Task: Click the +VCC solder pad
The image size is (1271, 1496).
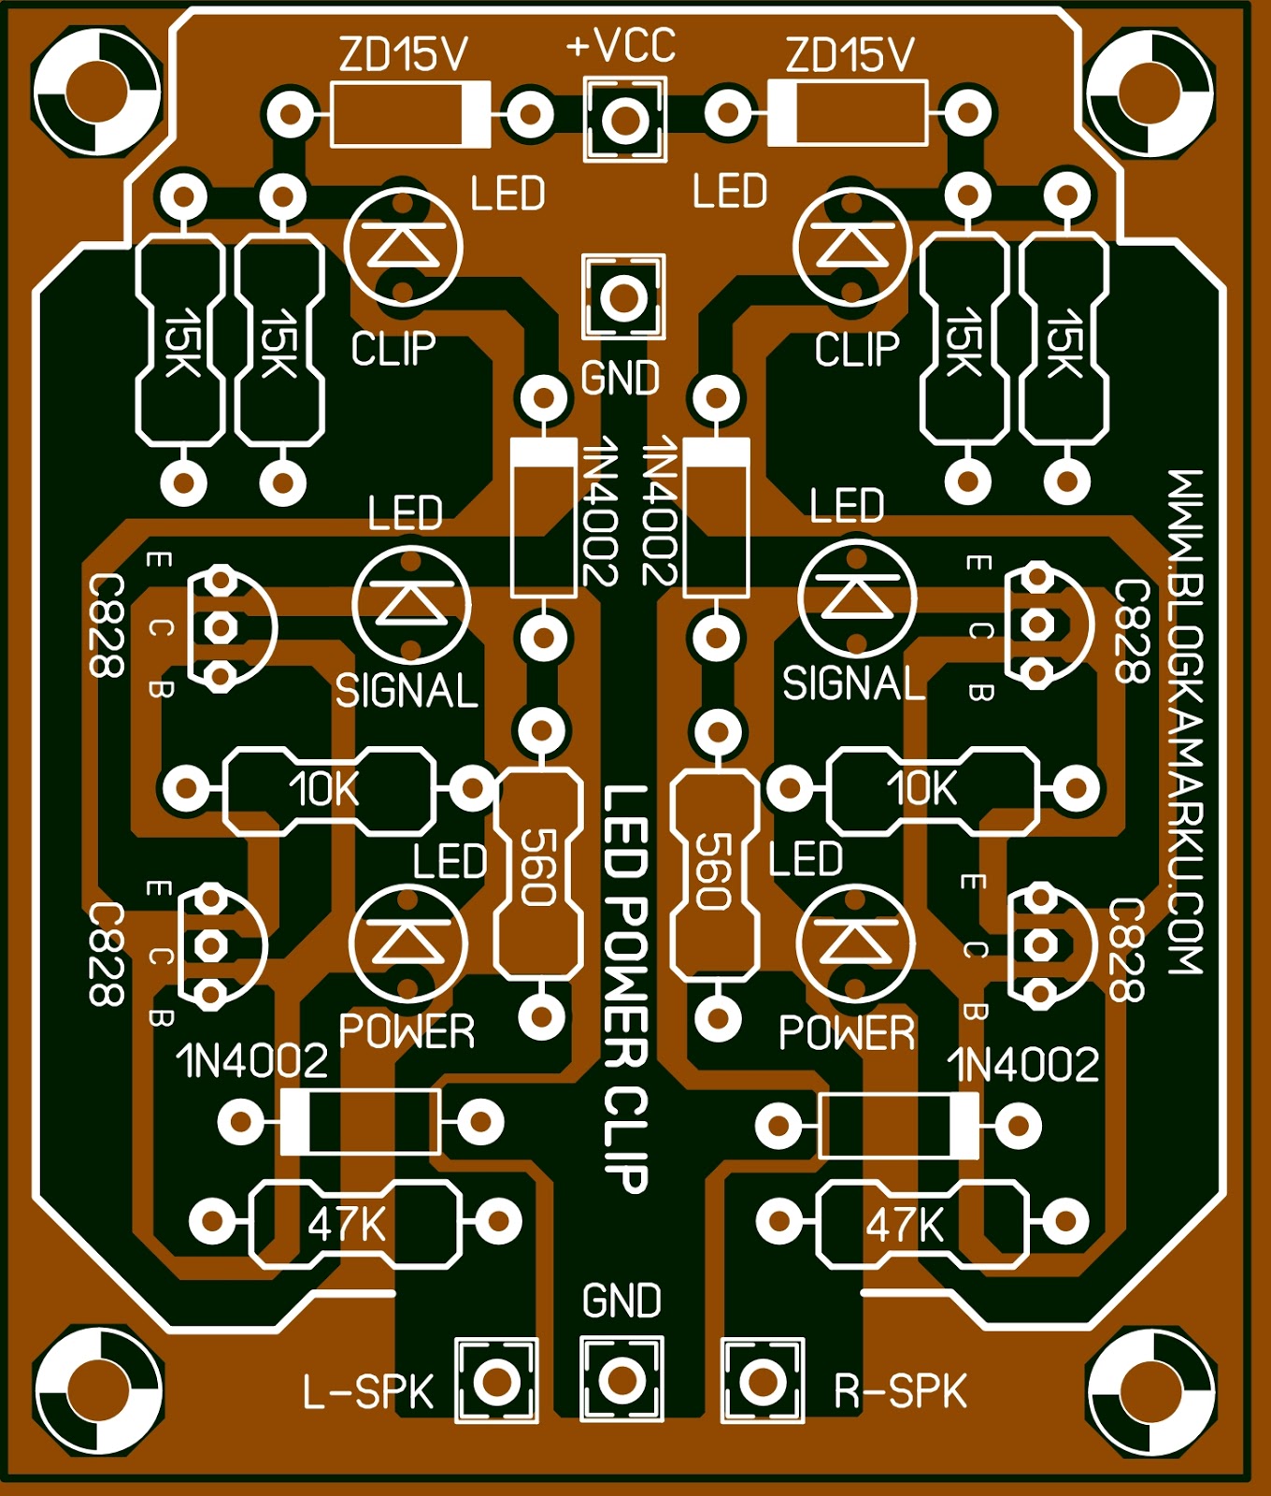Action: click(x=624, y=119)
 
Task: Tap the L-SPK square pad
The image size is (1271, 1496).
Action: click(x=496, y=1380)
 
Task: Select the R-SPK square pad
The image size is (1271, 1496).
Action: click(x=763, y=1380)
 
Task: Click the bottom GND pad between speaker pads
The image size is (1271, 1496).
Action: click(x=621, y=1380)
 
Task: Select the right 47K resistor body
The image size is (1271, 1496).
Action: click(x=921, y=1223)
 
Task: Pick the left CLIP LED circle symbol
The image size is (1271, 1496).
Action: click(x=404, y=247)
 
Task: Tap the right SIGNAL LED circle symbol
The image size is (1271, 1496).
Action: click(x=857, y=598)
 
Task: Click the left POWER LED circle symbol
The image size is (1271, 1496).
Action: click(x=407, y=942)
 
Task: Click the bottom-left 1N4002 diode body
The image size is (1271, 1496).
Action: click(x=361, y=1121)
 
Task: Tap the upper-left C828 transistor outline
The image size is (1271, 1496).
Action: click(x=230, y=626)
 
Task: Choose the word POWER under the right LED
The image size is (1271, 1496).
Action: click(x=847, y=1033)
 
